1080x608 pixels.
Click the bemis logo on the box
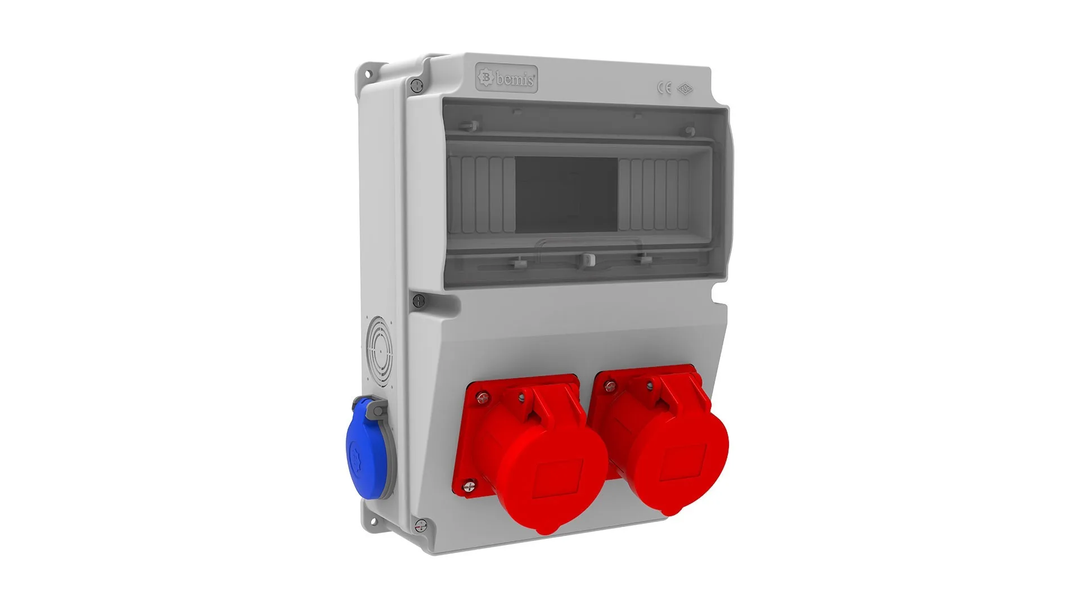tap(506, 79)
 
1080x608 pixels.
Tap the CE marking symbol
tap(664, 88)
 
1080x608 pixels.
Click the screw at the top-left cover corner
tap(416, 86)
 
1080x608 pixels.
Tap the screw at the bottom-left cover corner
tap(420, 525)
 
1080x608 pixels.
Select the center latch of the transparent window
tap(587, 259)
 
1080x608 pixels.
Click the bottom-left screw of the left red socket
tap(469, 485)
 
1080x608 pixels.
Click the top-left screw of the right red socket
tap(609, 386)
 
